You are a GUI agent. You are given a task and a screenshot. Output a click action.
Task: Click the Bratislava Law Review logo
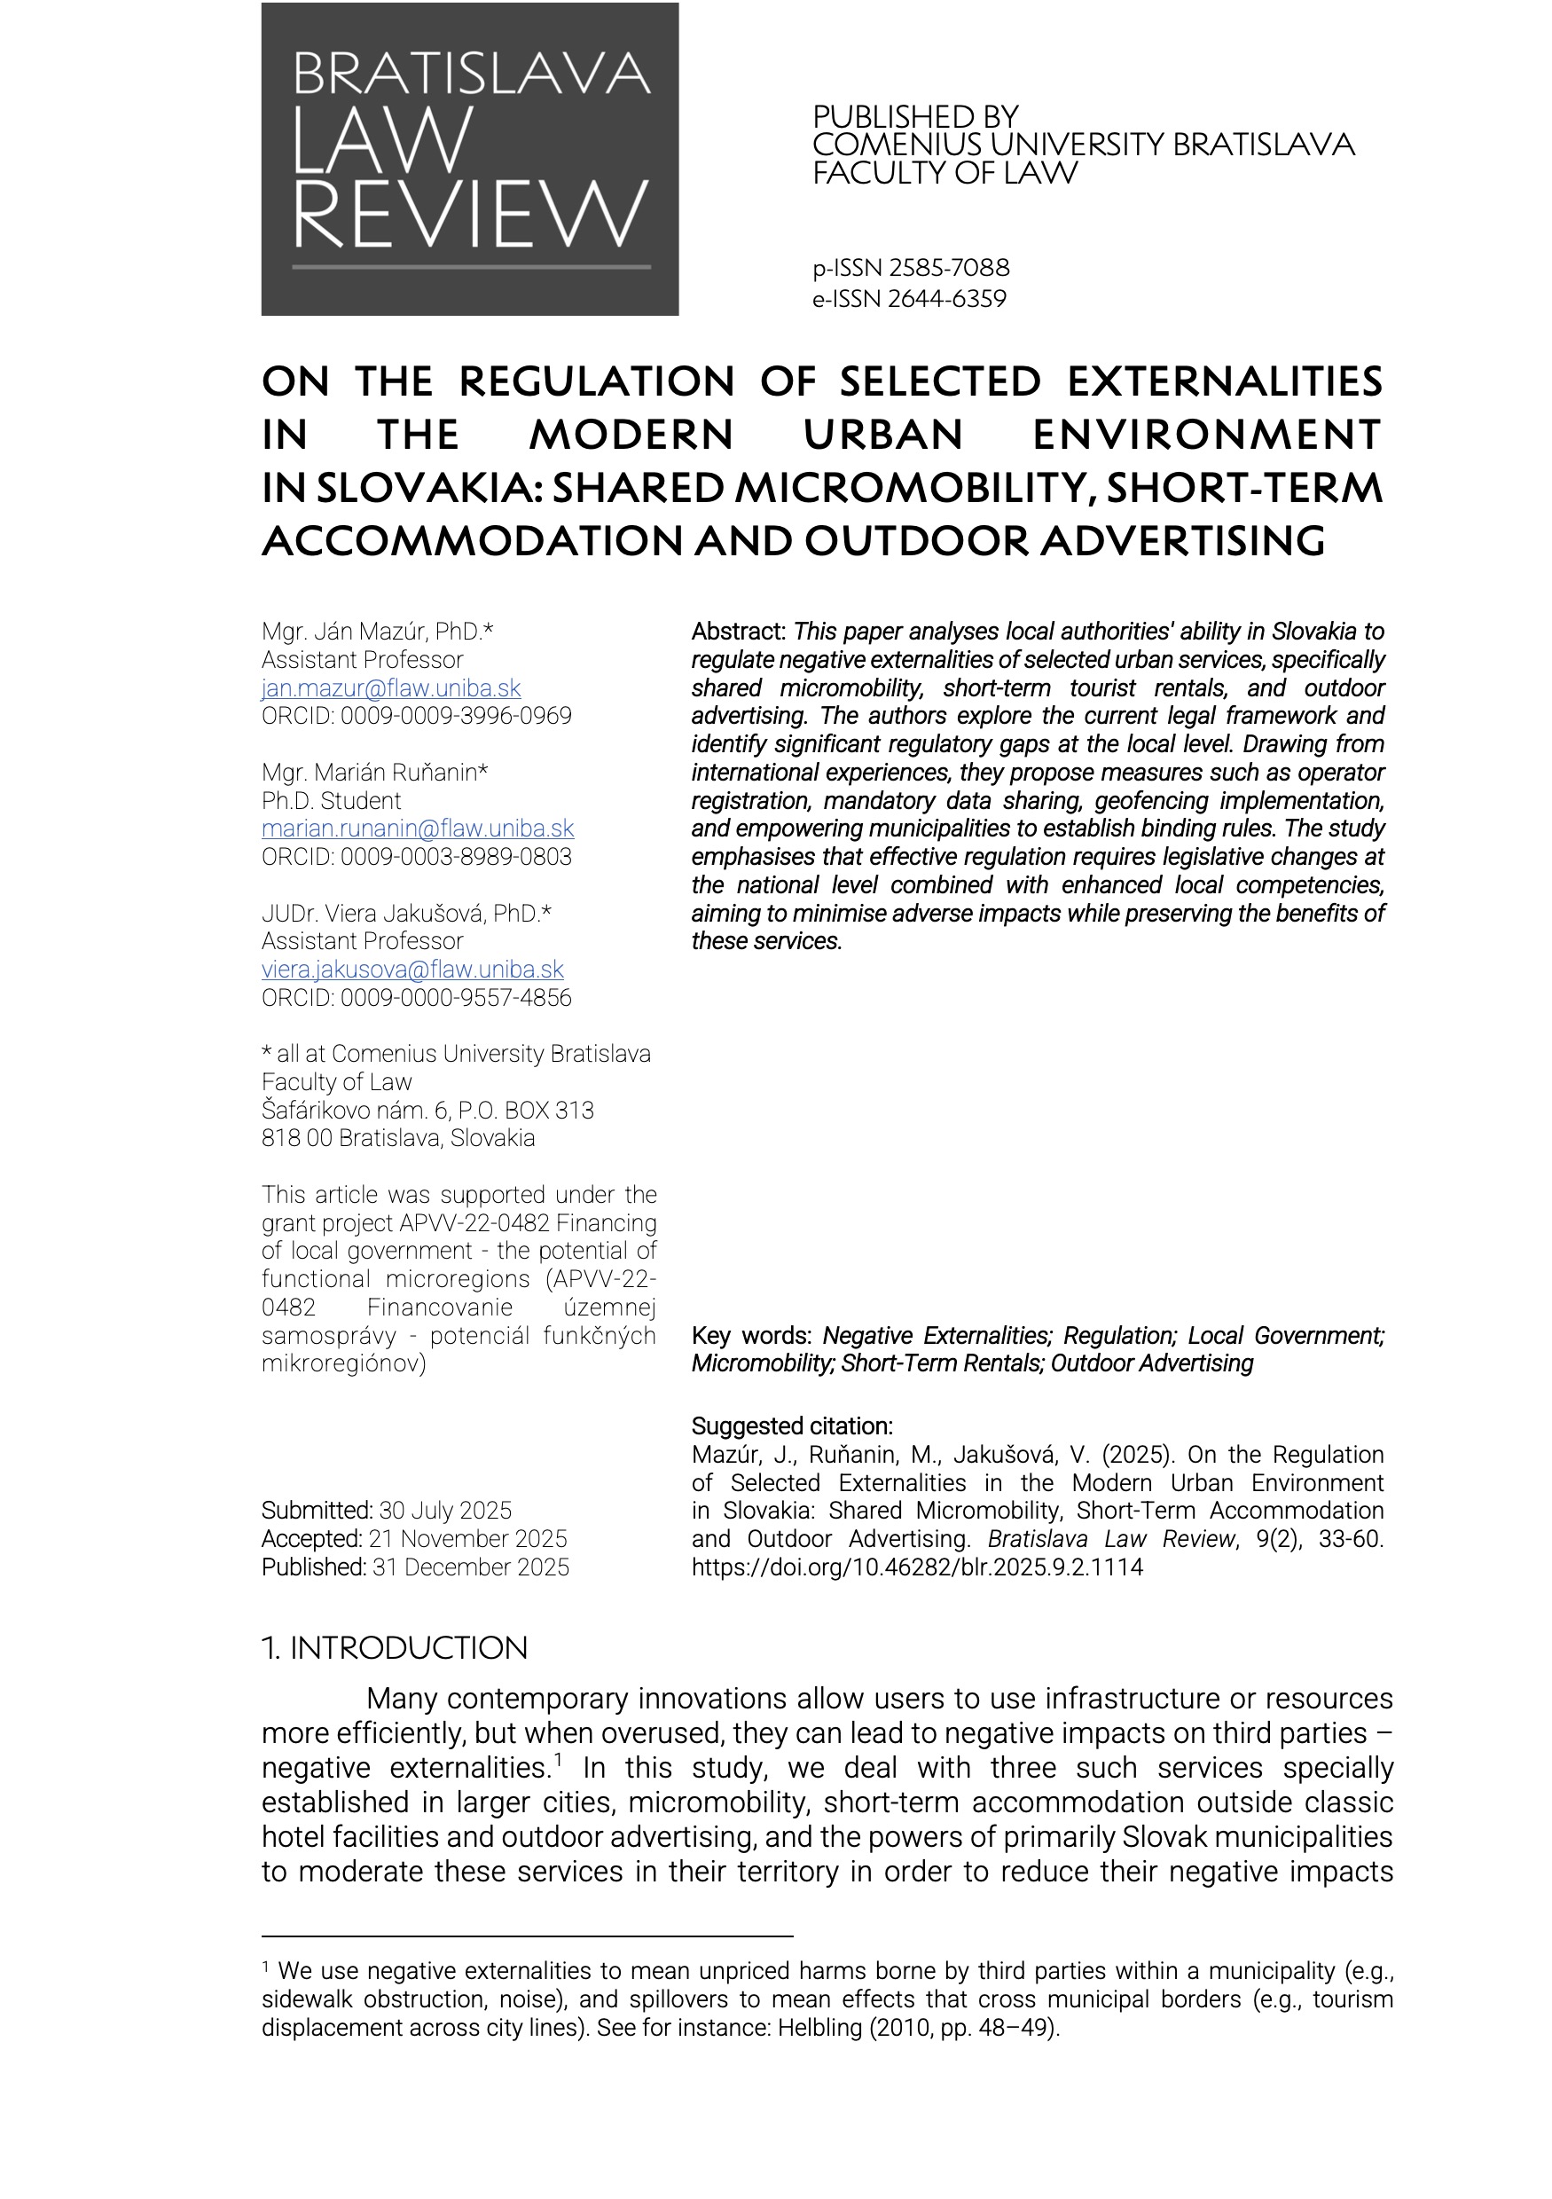click(469, 159)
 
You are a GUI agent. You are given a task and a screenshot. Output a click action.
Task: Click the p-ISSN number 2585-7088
click(949, 267)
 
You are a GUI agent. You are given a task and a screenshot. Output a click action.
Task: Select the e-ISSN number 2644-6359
click(947, 299)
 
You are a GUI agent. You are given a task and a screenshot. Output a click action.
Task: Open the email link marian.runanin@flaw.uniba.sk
click(418, 829)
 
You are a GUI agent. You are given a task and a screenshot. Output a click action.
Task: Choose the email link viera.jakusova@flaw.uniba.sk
click(412, 970)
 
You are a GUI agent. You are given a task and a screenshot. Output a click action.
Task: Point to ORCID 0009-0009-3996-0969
click(417, 716)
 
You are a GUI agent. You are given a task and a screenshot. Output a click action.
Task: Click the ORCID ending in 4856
click(417, 997)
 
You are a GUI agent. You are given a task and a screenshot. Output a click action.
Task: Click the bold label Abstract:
click(738, 632)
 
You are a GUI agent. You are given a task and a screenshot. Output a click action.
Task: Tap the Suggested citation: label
click(792, 1426)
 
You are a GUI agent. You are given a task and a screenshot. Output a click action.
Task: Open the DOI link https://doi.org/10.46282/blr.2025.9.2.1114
click(916, 1567)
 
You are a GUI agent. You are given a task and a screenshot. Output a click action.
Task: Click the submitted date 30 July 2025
click(445, 1511)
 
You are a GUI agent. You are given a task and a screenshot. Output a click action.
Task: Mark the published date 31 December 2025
click(470, 1567)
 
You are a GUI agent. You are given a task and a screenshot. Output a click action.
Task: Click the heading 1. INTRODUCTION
click(395, 1647)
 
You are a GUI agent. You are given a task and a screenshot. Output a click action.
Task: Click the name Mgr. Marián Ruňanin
click(374, 772)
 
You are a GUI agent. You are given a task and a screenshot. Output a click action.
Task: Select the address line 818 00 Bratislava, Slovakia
click(398, 1138)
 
